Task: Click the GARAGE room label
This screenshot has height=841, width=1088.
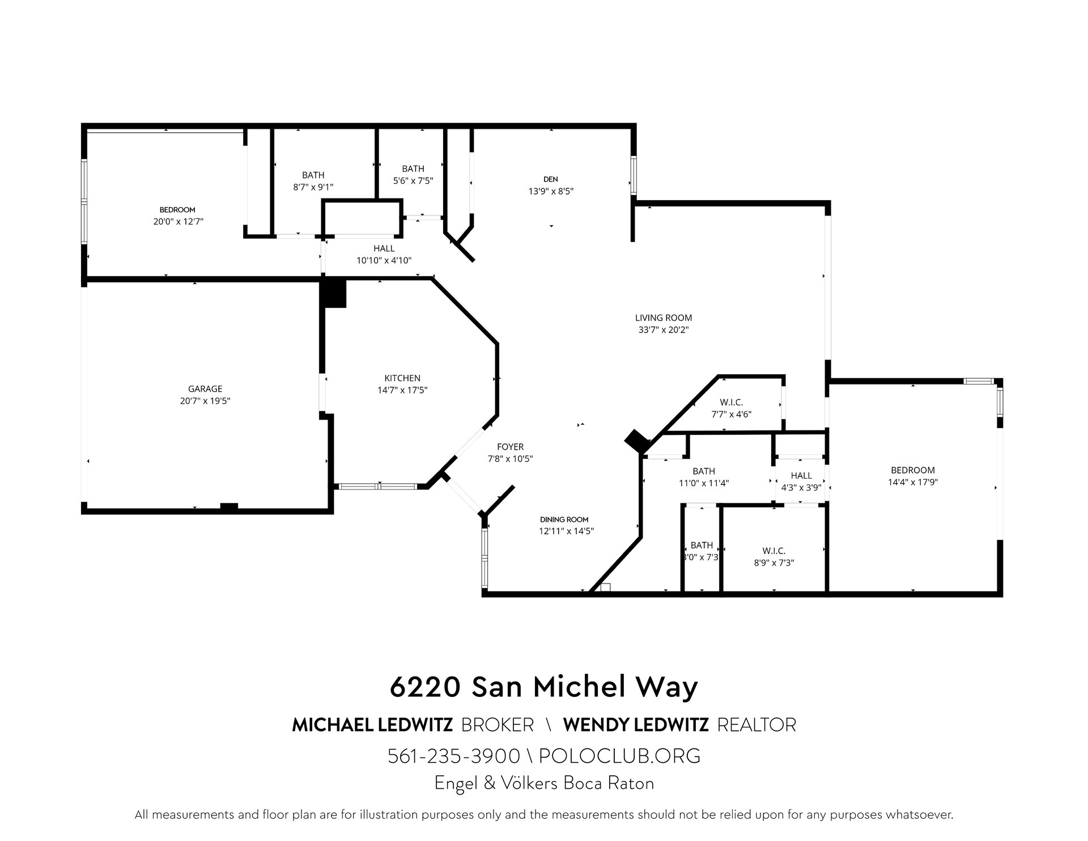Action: click(205, 388)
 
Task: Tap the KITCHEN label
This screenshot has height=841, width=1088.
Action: click(402, 378)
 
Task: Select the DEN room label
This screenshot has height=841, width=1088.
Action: click(551, 180)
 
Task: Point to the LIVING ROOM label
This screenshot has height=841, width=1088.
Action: click(664, 318)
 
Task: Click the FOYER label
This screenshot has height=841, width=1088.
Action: click(510, 447)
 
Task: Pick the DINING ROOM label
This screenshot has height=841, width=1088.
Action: click(564, 519)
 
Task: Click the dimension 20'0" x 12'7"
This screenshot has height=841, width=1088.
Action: click(178, 222)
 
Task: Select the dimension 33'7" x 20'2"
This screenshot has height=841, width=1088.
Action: click(664, 329)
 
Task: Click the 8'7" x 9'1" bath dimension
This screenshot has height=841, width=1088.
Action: click(313, 187)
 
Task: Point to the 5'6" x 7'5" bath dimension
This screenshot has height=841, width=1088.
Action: click(413, 180)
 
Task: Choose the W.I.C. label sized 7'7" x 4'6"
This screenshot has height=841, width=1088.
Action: click(732, 402)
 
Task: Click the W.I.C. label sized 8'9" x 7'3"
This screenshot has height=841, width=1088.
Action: click(773, 551)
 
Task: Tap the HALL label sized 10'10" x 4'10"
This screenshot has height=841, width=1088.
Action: click(384, 248)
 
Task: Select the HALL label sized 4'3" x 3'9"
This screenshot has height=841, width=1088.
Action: click(801, 475)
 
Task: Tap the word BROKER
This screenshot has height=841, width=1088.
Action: click(498, 725)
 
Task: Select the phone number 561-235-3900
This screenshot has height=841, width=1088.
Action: click(454, 756)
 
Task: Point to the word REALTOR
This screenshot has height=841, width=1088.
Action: click(756, 725)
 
